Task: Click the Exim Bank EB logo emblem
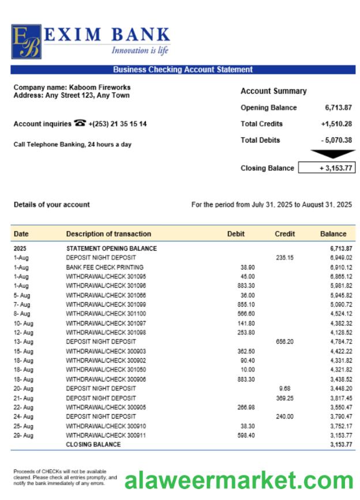(x=26, y=42)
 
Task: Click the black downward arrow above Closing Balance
(x=325, y=154)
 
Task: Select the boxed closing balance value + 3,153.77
(x=326, y=168)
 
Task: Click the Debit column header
(x=235, y=234)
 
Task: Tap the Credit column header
(x=284, y=234)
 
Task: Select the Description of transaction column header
(x=108, y=234)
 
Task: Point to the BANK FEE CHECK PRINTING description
(x=104, y=267)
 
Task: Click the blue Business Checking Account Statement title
(x=182, y=70)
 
